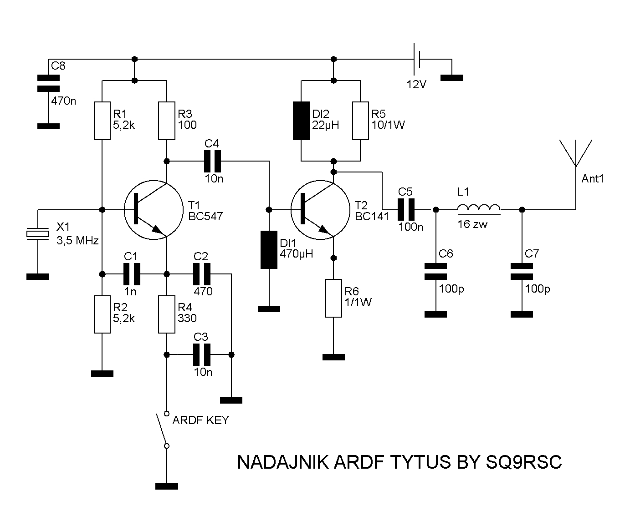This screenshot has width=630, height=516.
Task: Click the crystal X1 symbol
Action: coord(37,234)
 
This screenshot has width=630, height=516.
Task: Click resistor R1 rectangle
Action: coord(102,121)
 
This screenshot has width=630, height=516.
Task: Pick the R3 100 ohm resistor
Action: coord(167,121)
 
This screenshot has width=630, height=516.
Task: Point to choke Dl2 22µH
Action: coord(301,121)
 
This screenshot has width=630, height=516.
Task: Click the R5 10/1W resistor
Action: coord(360,121)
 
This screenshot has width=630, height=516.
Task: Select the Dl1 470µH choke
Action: coord(269,250)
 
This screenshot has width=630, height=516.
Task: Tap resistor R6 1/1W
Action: coord(333,298)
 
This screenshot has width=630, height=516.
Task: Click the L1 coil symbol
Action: coord(478,208)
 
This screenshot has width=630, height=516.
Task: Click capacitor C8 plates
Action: coord(48,83)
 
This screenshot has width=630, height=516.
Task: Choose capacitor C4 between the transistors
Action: coord(212,161)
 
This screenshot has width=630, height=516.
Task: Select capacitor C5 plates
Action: coord(405,209)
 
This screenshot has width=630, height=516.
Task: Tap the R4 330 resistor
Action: coord(167,314)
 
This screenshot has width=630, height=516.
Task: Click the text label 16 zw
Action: coord(472,223)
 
